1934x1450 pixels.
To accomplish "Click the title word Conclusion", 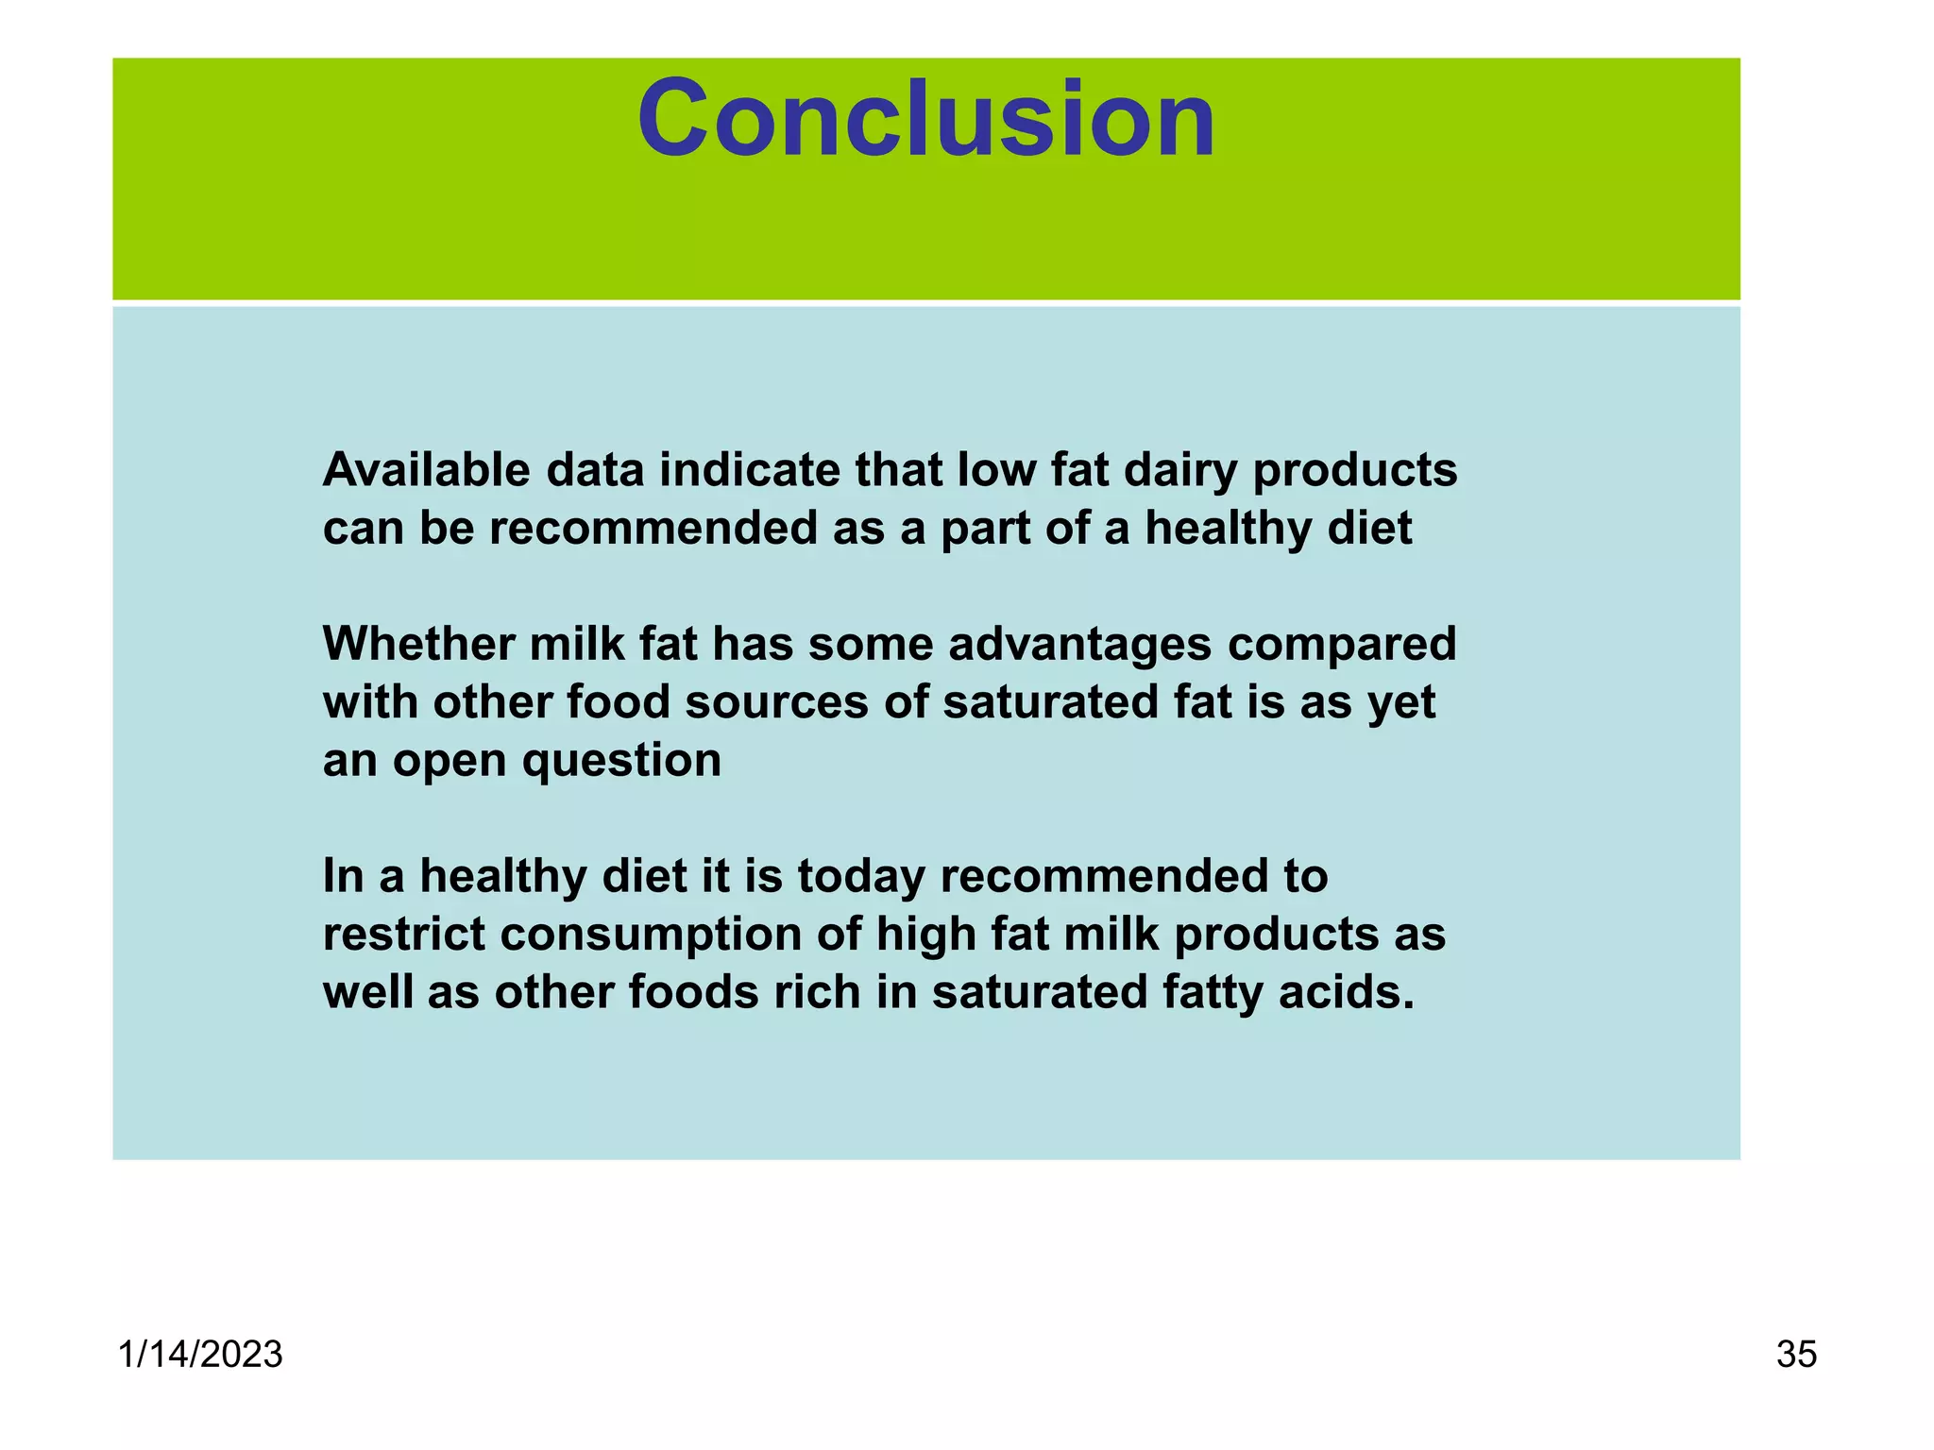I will (x=926, y=120).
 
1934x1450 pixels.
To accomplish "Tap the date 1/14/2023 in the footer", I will (x=200, y=1355).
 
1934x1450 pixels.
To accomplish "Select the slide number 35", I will (x=1796, y=1355).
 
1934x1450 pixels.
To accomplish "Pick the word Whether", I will (x=418, y=644).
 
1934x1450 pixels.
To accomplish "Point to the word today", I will (x=861, y=877).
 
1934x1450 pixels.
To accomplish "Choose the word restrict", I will (x=404, y=935).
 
